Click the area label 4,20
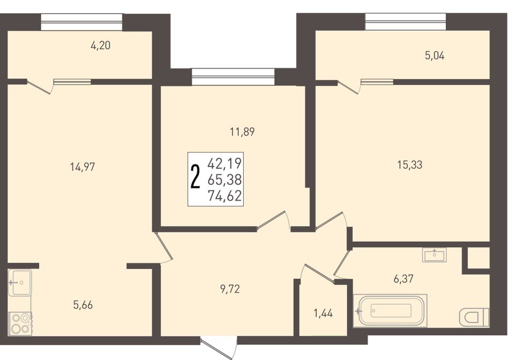pos(101,46)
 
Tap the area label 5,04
pos(435,56)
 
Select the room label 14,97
pos(83,167)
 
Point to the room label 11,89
pos(242,132)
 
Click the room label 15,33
pos(410,165)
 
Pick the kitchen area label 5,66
pos(83,305)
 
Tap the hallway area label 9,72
pos(230,289)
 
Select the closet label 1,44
pos(323,313)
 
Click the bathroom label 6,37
pos(403,279)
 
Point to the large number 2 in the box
pos(195,177)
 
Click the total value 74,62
pos(225,196)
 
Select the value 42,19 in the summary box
pos(225,163)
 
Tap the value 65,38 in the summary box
pos(225,179)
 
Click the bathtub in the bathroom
pos(390,311)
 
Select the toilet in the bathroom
pos(474,317)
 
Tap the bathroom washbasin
pos(435,254)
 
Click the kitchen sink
pos(19,282)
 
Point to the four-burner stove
pos(20,324)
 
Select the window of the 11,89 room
pos(233,77)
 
